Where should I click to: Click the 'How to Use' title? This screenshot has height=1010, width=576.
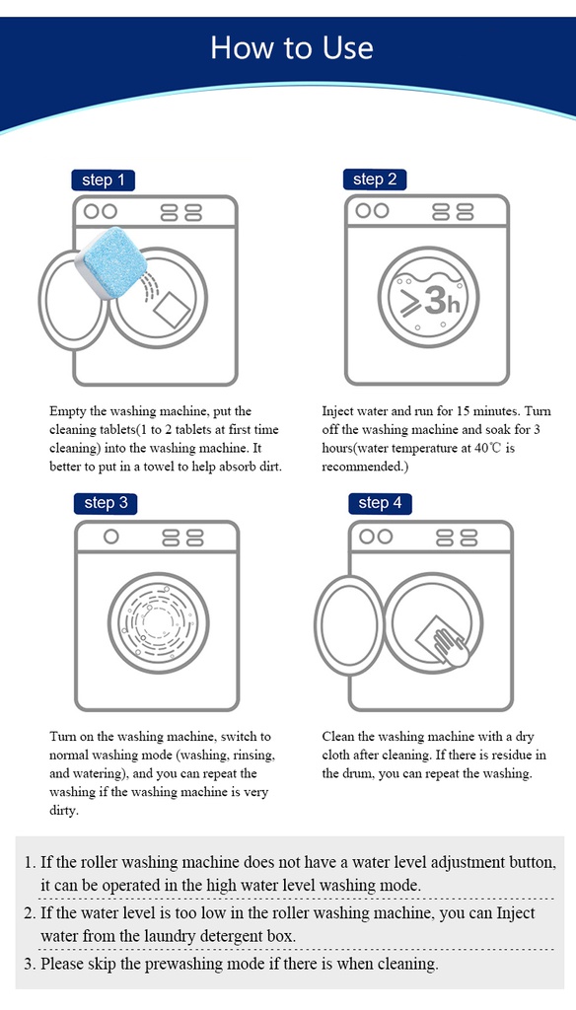(291, 48)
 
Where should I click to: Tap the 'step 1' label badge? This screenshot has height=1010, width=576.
(104, 180)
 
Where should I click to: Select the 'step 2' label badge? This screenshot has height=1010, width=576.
(375, 180)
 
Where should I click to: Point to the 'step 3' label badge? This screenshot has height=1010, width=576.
(106, 503)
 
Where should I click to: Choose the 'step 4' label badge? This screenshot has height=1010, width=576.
(380, 503)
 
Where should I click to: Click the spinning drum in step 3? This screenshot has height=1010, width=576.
(159, 622)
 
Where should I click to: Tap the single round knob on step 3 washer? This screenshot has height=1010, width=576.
(110, 537)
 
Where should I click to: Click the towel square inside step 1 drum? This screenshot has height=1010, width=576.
(172, 310)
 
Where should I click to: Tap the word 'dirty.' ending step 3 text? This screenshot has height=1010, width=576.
(64, 811)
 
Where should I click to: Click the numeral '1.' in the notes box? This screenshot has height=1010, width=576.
(30, 862)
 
